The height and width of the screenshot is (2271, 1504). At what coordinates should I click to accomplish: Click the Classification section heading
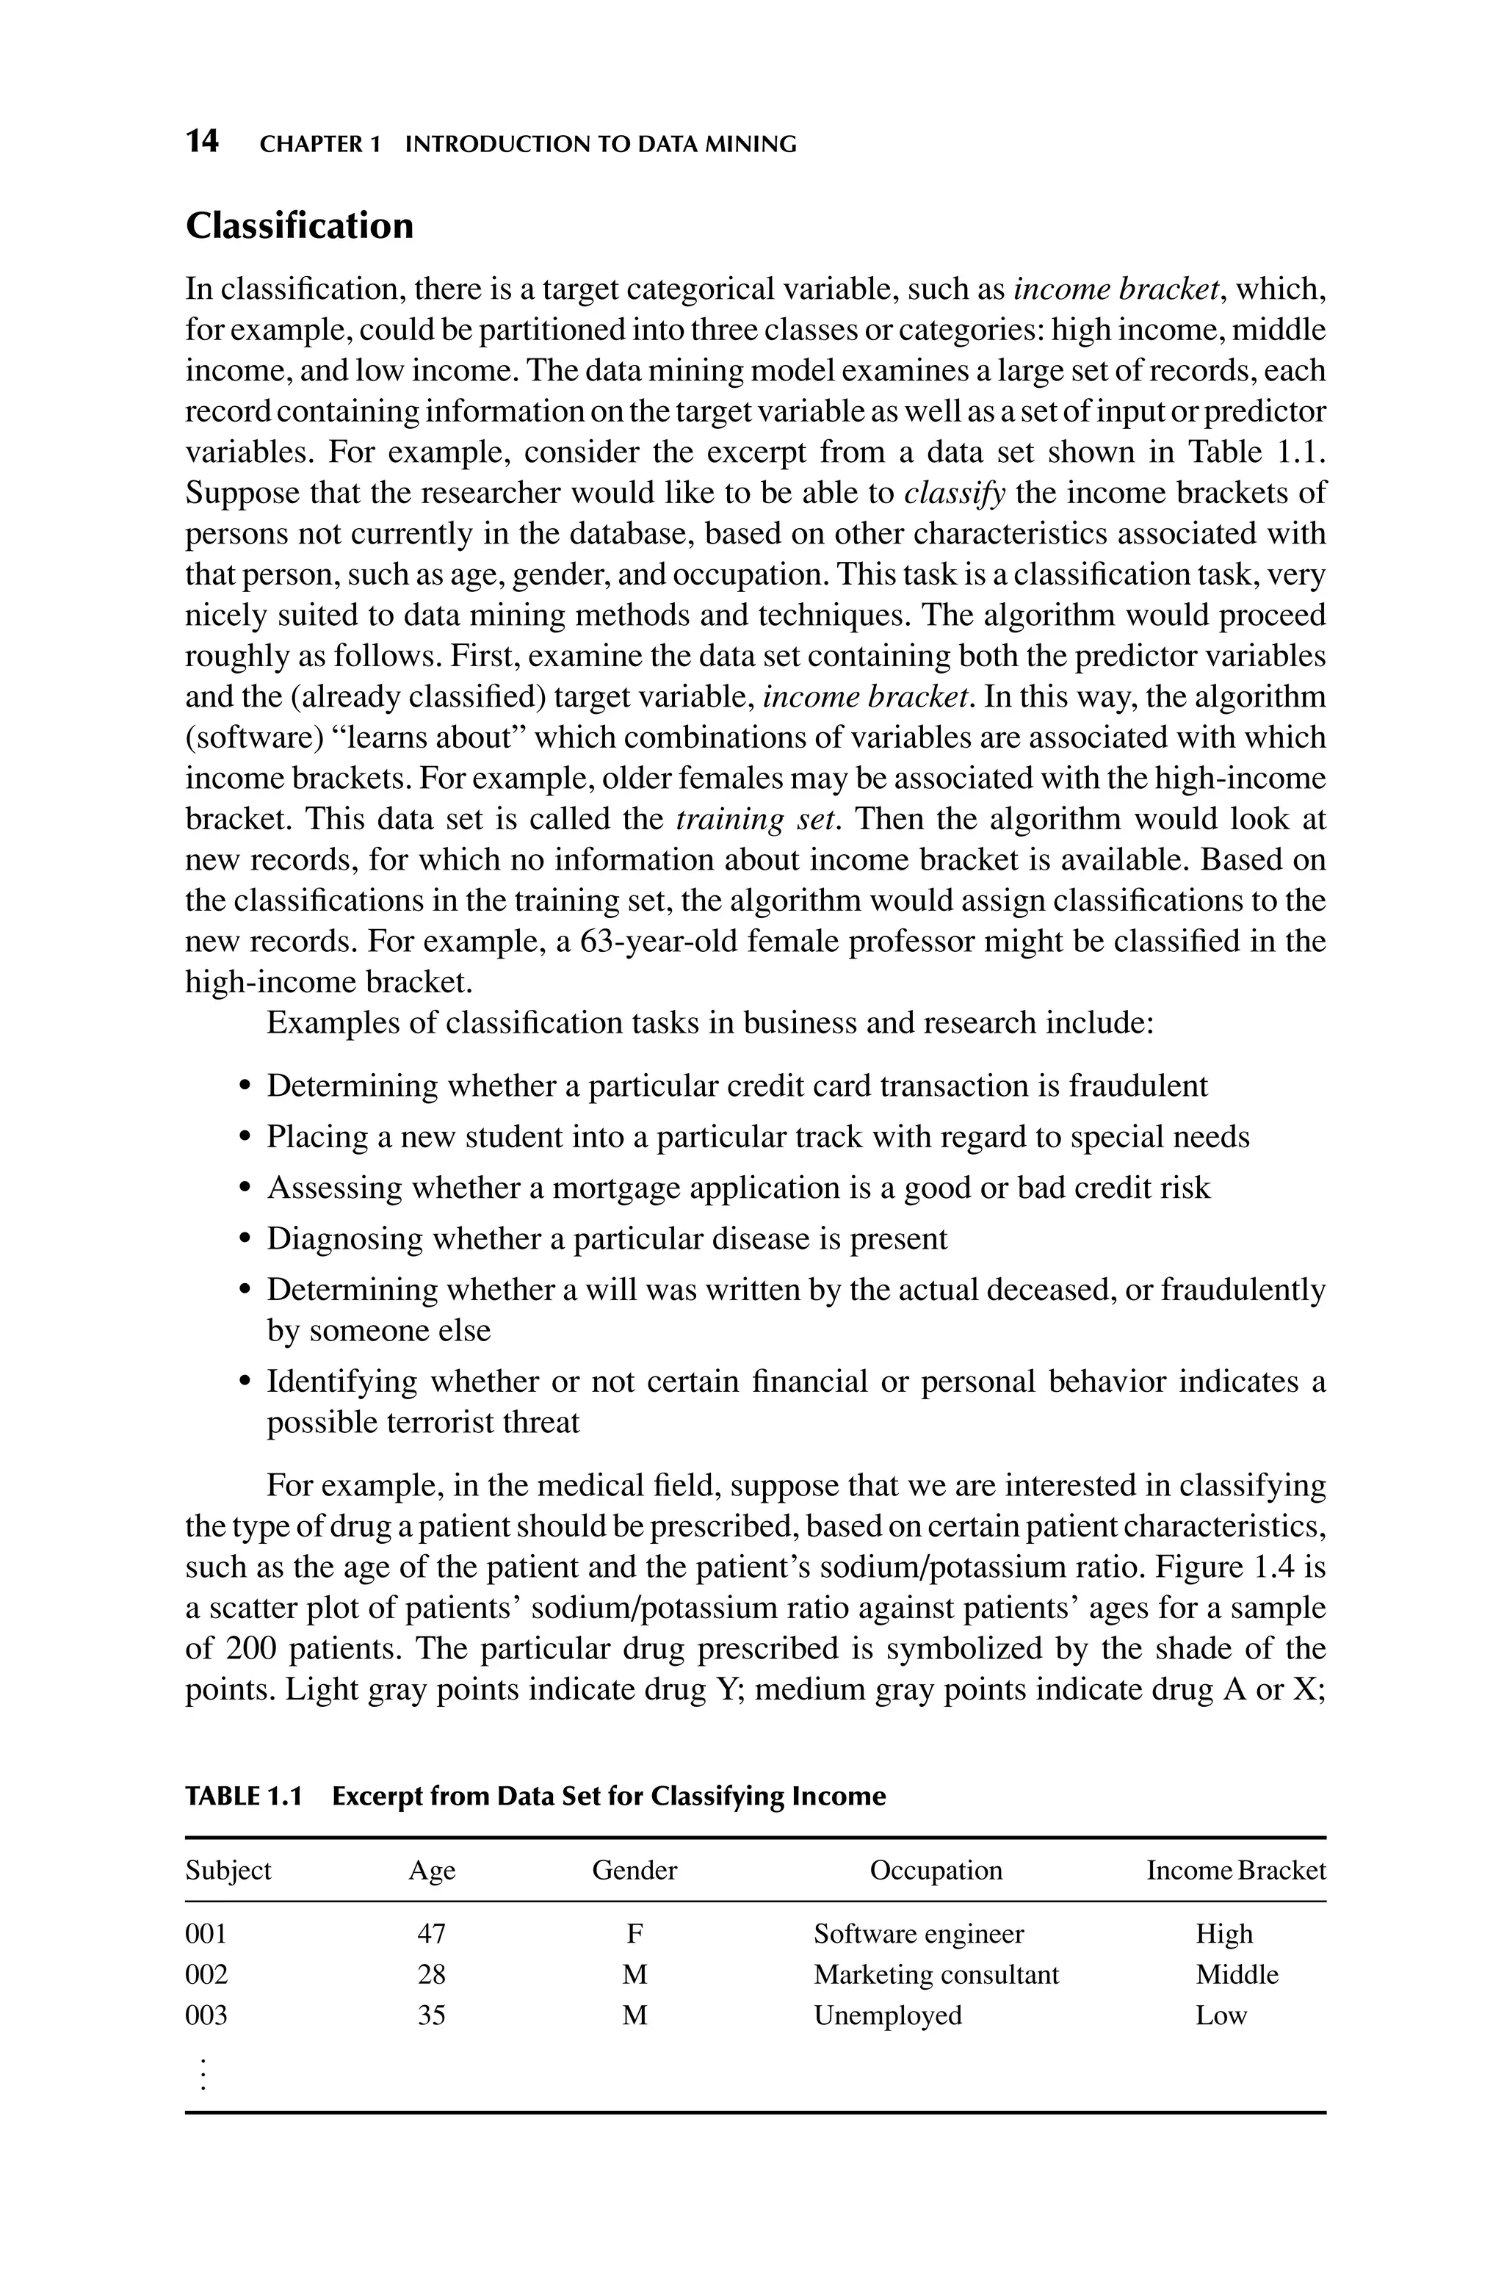(300, 226)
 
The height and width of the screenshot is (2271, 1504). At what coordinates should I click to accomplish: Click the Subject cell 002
(206, 1975)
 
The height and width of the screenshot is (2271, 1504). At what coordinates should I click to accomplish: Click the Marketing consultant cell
(936, 1975)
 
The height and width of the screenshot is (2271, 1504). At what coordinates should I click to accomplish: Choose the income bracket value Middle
(1237, 1975)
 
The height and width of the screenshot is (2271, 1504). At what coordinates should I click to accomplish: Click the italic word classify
(955, 494)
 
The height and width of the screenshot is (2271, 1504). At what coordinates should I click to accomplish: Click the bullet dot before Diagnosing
(245, 1240)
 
